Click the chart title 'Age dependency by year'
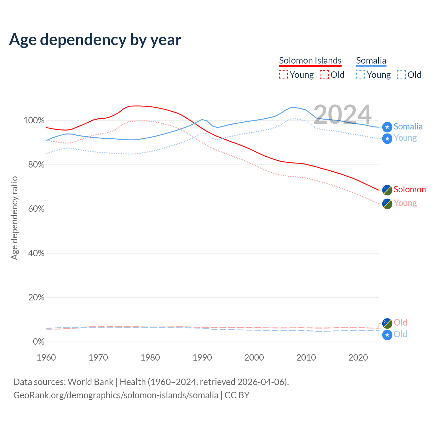(x=95, y=40)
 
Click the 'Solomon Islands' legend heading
(x=310, y=60)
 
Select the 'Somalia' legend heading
(x=371, y=60)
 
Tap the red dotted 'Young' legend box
(x=283, y=75)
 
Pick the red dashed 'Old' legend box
(x=324, y=75)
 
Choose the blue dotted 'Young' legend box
(x=361, y=75)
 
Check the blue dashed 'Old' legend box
(x=401, y=75)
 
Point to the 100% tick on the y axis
(x=34, y=121)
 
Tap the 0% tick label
(x=38, y=342)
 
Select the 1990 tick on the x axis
(x=202, y=358)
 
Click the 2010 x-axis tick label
(x=306, y=358)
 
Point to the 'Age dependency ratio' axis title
(x=14, y=218)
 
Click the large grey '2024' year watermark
(x=342, y=115)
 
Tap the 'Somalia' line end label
(x=408, y=127)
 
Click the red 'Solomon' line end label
(x=410, y=190)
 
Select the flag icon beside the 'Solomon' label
(x=387, y=190)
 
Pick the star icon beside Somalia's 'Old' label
(x=387, y=335)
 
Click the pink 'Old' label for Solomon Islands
(x=400, y=323)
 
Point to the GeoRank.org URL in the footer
(x=116, y=395)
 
